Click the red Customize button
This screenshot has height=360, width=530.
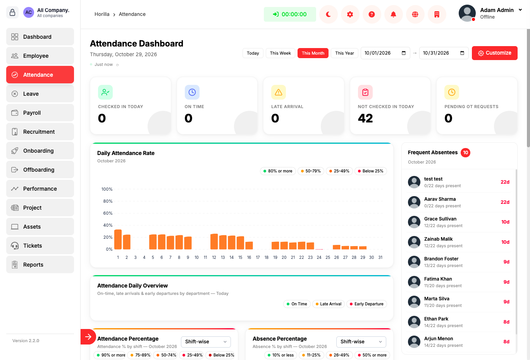tap(494, 53)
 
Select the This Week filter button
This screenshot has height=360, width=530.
tap(280, 53)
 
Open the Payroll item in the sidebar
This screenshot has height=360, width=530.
tap(40, 113)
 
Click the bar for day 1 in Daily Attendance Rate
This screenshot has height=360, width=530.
tap(118, 239)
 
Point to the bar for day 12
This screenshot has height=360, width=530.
tap(214, 241)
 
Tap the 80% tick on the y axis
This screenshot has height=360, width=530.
tap(108, 201)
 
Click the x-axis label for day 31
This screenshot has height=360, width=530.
tap(380, 257)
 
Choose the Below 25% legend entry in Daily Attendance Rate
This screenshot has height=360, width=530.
tap(370, 171)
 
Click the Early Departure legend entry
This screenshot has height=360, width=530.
tap(367, 304)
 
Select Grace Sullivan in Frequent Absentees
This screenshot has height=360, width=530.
tap(440, 219)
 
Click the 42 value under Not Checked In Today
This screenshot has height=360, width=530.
tap(365, 118)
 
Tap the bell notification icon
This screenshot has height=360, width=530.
tap(393, 14)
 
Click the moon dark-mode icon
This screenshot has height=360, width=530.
tap(328, 14)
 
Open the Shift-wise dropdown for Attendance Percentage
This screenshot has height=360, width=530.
tap(206, 341)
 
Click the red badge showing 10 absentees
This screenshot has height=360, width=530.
tap(465, 153)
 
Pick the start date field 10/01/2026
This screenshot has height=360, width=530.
tap(385, 53)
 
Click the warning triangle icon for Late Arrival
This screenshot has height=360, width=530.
tap(279, 92)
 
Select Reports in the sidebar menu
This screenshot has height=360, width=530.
tap(40, 265)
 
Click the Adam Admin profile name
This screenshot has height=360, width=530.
tap(497, 10)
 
